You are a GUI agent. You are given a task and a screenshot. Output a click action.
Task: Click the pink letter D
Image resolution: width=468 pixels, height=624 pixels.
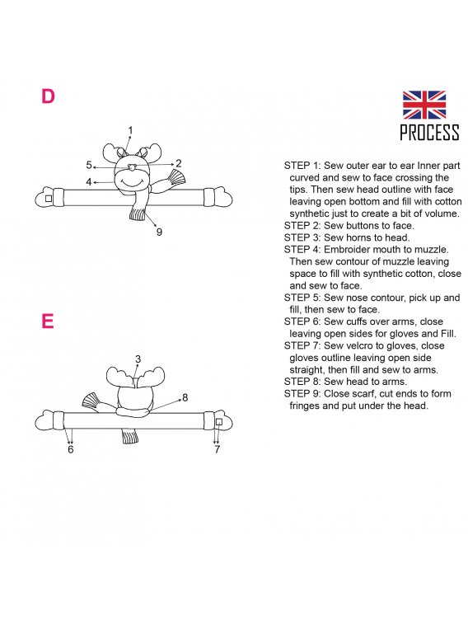(48, 96)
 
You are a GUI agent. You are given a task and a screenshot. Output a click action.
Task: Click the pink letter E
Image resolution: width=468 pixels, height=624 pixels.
(47, 321)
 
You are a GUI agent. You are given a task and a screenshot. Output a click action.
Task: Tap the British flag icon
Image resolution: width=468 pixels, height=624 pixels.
(424, 105)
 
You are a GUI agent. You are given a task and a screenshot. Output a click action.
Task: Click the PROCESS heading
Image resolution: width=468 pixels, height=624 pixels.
(429, 132)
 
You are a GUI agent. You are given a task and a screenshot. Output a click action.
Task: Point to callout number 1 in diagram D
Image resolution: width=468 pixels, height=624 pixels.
(130, 129)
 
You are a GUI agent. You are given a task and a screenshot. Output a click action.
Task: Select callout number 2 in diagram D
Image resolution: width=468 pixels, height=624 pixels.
(179, 163)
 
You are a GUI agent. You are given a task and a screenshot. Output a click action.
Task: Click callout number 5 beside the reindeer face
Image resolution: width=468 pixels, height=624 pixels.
(89, 165)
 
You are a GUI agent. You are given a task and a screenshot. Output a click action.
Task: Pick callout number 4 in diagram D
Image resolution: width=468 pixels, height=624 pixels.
(89, 182)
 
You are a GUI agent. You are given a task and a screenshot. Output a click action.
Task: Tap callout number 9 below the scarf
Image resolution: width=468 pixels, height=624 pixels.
(159, 232)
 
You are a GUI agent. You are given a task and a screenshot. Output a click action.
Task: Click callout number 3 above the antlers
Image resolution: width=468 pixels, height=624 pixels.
(138, 359)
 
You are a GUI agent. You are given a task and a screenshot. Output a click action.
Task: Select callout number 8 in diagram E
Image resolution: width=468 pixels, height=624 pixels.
(185, 397)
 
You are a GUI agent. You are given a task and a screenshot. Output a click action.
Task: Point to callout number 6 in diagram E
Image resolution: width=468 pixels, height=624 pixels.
(70, 449)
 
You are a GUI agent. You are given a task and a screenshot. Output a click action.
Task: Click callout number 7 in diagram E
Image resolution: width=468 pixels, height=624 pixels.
(217, 449)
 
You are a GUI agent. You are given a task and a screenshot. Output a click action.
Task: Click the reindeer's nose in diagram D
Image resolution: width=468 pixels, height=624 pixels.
(133, 167)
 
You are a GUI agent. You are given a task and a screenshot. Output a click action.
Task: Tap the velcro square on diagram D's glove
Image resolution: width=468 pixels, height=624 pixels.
(49, 198)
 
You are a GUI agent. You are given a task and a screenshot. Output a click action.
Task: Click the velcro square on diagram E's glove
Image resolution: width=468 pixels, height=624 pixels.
(218, 422)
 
